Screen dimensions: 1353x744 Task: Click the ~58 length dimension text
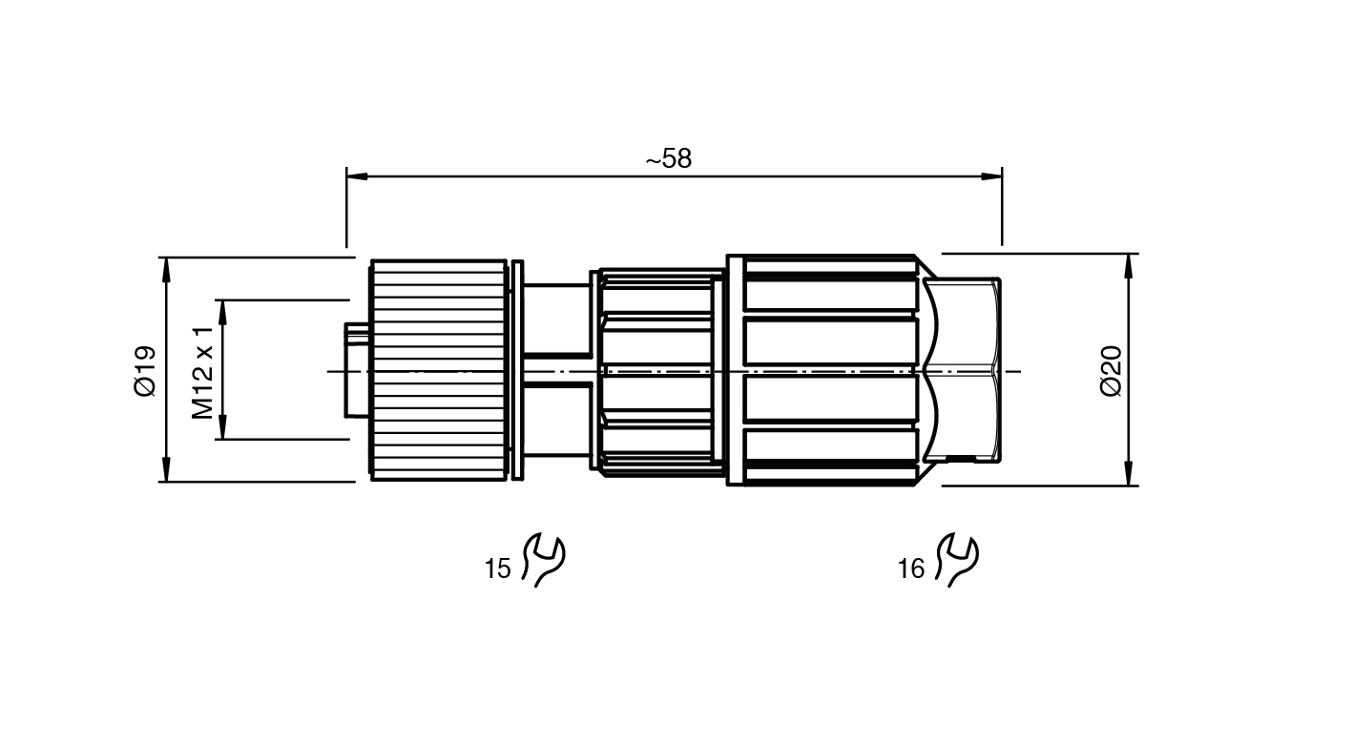(669, 159)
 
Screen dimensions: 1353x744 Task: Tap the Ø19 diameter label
(145, 371)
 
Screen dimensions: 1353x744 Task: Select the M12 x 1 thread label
(203, 373)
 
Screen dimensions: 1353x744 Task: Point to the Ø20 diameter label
(1111, 371)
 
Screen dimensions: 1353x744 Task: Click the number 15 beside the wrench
(498, 568)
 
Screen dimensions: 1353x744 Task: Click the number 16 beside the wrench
(911, 568)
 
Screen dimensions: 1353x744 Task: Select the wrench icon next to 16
(956, 560)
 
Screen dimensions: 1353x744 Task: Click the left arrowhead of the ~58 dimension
(357, 176)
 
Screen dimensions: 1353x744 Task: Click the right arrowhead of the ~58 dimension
(991, 176)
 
